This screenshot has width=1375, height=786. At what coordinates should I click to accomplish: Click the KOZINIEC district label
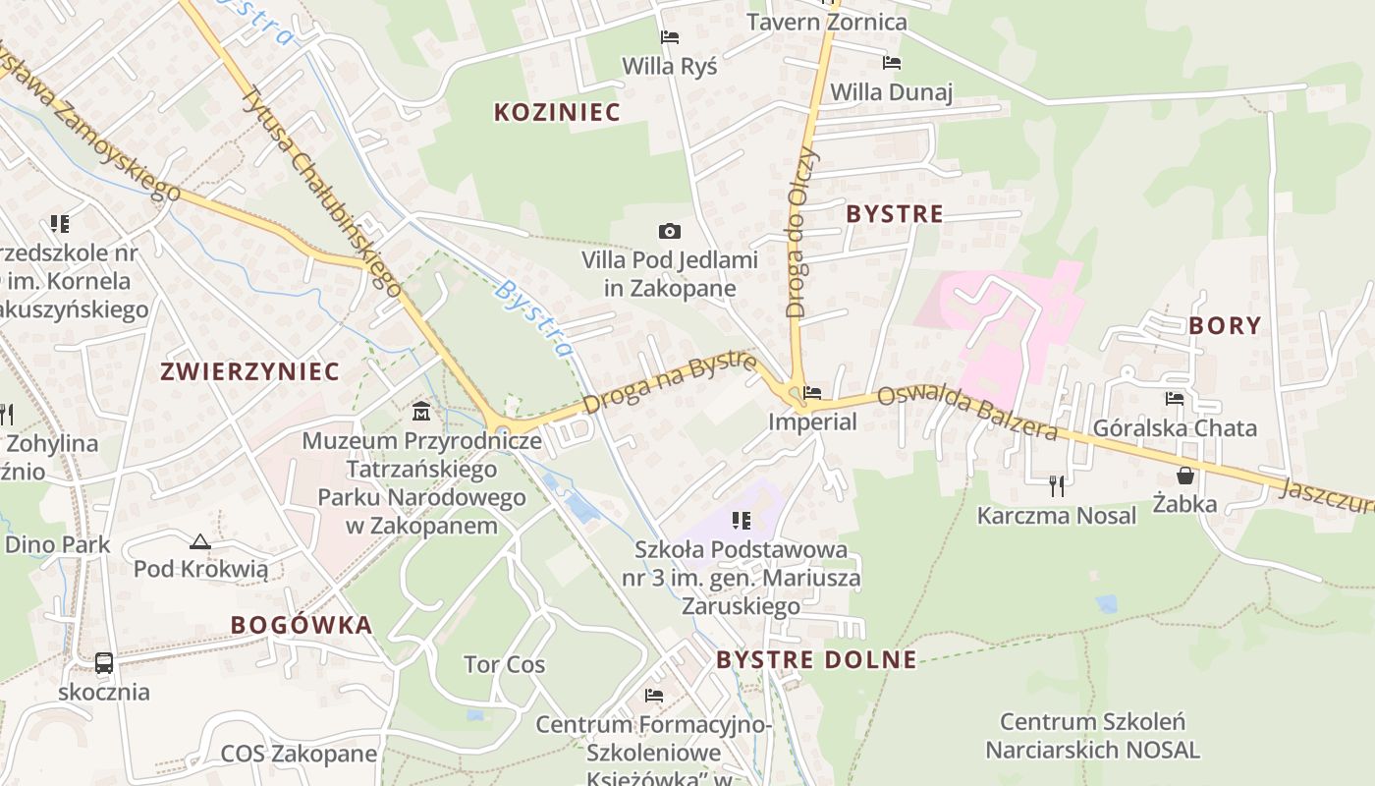557,112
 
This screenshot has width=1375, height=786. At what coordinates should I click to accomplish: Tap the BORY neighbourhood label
1225,325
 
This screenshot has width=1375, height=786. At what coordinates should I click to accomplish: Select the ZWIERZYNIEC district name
249,371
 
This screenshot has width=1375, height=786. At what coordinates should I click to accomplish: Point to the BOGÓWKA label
302,625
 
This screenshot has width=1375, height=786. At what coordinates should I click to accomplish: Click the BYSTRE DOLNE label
816,659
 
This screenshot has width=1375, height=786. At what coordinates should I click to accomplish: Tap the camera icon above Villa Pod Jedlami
670,232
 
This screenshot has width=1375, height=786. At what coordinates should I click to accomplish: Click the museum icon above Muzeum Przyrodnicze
421,410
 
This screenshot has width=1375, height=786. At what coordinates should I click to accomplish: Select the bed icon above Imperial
812,393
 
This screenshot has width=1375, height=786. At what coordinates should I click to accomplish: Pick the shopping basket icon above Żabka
1185,476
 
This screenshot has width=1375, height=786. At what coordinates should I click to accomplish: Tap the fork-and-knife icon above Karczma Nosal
1057,484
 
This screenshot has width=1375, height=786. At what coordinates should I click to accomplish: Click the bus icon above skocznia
104,662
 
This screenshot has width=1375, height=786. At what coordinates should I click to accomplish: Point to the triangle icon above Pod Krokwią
200,540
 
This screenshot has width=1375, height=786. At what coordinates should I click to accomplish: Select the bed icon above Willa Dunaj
892,63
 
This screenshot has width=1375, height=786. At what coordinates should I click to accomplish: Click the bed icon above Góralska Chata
1175,398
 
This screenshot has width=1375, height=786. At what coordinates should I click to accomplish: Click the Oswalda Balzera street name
967,413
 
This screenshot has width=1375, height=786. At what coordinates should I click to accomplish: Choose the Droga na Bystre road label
670,383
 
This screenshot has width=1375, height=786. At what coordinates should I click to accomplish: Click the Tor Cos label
504,665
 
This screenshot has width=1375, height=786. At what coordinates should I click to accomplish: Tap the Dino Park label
57,544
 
